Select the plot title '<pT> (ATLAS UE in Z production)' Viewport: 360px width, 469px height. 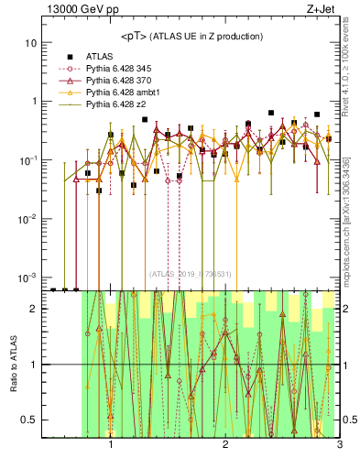(x=192, y=36)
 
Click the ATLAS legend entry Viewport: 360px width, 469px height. (x=100, y=56)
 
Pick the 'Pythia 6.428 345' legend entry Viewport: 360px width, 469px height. (x=116, y=69)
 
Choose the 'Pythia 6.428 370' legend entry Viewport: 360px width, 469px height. (x=116, y=81)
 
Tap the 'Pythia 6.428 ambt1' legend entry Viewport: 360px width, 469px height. (x=120, y=93)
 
